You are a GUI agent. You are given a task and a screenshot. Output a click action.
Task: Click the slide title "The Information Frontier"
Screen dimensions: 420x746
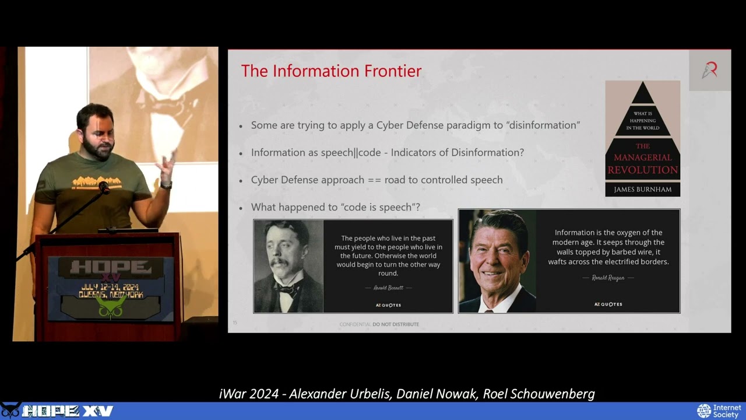pos(331,71)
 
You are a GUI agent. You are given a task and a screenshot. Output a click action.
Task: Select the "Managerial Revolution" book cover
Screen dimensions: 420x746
pos(642,138)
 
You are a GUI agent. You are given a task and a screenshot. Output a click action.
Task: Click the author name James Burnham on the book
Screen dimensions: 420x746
pos(642,189)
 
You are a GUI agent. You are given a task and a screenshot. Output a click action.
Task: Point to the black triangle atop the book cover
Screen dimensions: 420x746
pos(642,94)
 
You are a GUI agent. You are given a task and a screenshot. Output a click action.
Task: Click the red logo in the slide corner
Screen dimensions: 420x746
pos(709,70)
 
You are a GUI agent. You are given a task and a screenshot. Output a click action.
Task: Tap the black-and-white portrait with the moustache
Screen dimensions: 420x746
pos(288,266)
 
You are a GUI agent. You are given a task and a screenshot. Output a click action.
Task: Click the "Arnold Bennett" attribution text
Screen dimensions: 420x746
pos(388,288)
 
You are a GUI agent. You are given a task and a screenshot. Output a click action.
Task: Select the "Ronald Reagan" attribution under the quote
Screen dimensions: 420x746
pos(608,278)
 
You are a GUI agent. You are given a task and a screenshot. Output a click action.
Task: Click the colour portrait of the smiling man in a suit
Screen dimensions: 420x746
pos(497,261)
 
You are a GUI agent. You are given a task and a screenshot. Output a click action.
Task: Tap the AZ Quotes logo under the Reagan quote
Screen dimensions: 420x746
pos(608,304)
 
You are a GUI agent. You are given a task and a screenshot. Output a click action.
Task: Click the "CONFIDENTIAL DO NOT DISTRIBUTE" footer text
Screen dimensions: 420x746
pos(379,324)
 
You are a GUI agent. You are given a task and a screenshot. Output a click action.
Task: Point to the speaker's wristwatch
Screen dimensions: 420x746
pos(167,184)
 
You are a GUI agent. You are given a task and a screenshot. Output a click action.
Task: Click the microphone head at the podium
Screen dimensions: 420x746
pos(104,187)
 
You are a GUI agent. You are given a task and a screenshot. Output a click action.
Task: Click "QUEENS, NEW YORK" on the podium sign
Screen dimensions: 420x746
pos(111,295)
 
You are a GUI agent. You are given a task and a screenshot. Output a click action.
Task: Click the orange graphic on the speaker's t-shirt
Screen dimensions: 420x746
pos(97,182)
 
